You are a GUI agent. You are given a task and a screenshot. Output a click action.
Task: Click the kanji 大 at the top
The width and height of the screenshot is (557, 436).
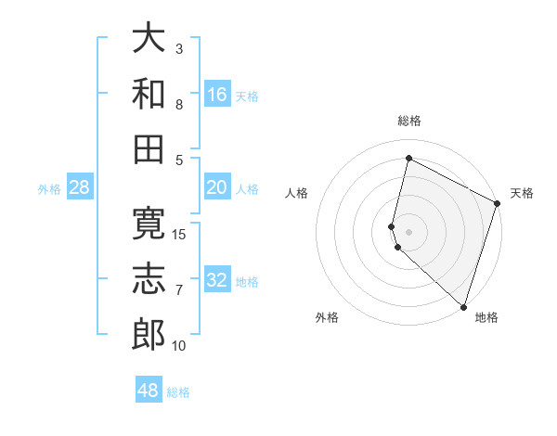click(149, 39)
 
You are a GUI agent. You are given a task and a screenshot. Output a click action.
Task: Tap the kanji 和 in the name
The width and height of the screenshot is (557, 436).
click(149, 93)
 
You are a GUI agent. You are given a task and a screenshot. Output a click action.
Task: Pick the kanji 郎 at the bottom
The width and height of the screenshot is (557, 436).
click(149, 334)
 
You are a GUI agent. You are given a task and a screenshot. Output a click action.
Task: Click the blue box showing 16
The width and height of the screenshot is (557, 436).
click(217, 94)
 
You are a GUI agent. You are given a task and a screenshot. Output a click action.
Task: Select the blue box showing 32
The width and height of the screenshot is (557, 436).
click(217, 280)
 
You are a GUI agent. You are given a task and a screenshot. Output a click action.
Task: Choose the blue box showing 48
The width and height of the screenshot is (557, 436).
click(149, 391)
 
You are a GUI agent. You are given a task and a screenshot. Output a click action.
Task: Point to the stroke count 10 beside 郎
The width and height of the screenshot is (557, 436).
click(179, 346)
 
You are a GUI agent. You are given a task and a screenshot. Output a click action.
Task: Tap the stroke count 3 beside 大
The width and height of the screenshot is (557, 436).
click(179, 49)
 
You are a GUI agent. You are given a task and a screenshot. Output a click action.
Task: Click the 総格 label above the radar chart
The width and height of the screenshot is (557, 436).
click(409, 121)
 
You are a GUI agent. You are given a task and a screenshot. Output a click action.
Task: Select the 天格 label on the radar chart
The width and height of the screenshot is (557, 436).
click(522, 193)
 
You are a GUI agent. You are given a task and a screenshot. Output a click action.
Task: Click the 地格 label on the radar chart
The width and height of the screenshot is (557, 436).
click(486, 317)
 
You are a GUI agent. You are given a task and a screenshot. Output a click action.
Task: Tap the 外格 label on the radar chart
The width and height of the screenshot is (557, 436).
click(327, 317)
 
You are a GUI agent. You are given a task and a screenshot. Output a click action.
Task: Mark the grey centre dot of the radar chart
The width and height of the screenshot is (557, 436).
click(409, 229)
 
